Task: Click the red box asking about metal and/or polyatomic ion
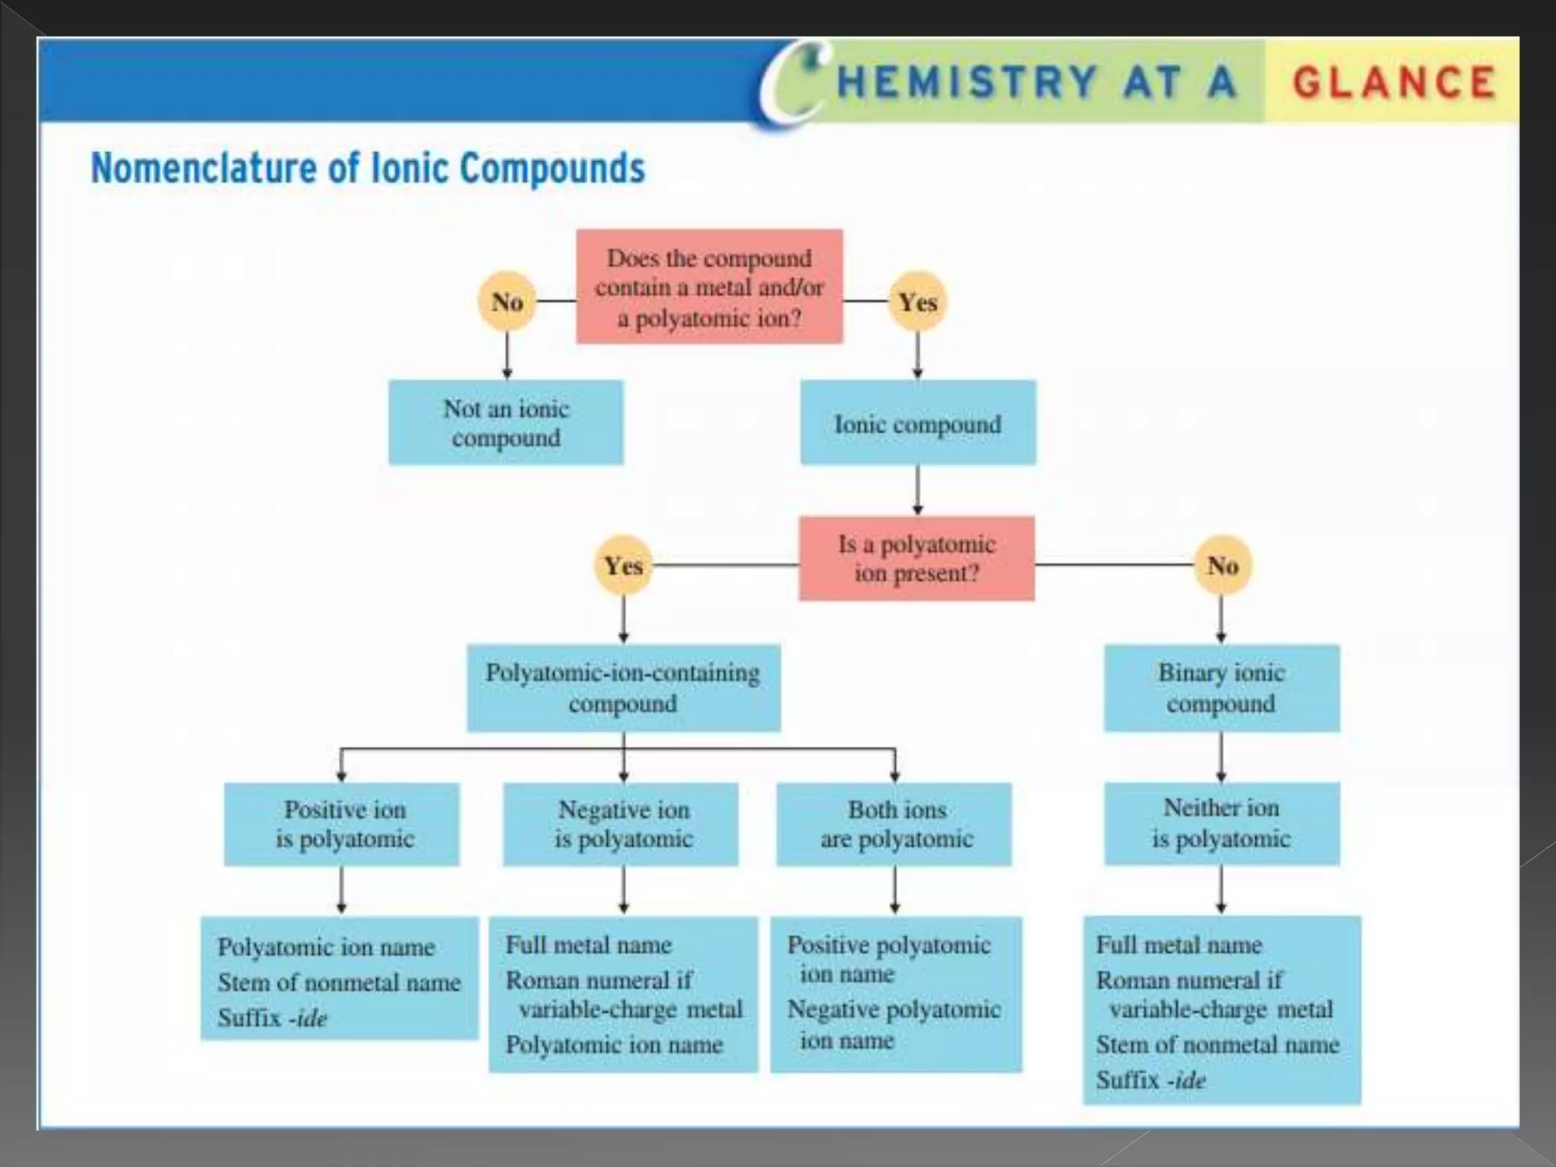(x=709, y=287)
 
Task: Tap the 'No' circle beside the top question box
(x=507, y=302)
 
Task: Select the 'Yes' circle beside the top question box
(x=917, y=302)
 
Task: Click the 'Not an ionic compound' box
(x=506, y=422)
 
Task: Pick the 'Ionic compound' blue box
(x=918, y=423)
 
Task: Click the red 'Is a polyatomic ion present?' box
(x=916, y=558)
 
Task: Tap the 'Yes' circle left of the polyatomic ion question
(x=623, y=565)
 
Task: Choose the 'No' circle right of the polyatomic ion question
(x=1222, y=565)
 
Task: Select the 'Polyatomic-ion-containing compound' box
(x=623, y=688)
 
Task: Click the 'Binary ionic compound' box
(x=1221, y=688)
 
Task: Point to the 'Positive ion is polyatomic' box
(x=342, y=824)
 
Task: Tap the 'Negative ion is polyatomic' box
(x=621, y=824)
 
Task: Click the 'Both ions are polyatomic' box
(x=894, y=824)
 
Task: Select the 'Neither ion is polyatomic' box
(x=1222, y=824)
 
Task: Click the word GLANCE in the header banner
(x=1394, y=82)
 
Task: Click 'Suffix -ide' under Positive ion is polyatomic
(x=272, y=1017)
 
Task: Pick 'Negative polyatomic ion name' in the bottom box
(x=893, y=1024)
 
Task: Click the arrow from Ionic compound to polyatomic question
(x=918, y=491)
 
